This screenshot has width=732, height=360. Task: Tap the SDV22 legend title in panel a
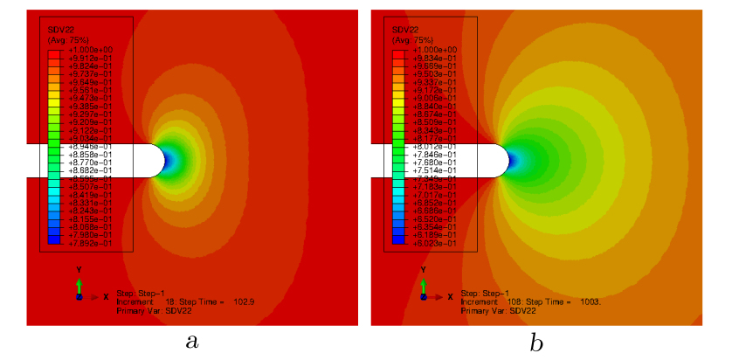coord(59,31)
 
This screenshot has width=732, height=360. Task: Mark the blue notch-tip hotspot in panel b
coord(514,161)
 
